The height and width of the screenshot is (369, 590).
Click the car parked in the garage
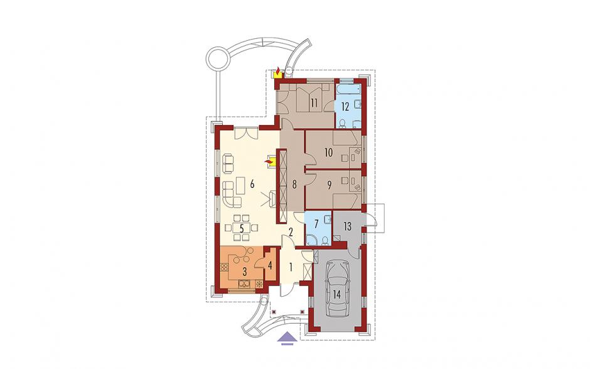point(337,289)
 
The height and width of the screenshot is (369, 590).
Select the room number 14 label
point(337,294)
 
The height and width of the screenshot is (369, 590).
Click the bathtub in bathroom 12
point(348,89)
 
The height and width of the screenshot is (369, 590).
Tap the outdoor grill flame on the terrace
point(277,71)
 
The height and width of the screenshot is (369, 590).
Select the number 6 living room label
point(252,184)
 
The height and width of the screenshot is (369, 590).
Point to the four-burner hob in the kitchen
point(224,267)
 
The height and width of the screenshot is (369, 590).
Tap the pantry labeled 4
point(270,265)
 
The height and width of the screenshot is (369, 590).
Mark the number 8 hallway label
point(294,185)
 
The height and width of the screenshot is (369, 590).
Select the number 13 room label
point(347,226)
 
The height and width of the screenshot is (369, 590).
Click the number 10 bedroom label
point(328,153)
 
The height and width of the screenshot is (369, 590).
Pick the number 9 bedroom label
point(330,185)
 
